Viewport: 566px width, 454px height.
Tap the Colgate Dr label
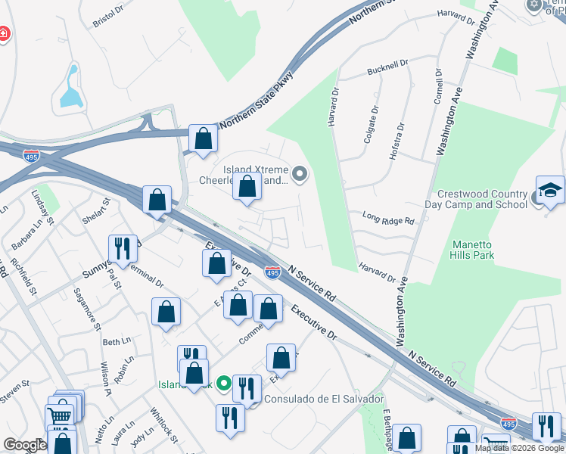click(370, 124)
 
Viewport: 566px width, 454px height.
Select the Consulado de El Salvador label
click(324, 399)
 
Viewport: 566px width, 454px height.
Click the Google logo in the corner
click(25, 444)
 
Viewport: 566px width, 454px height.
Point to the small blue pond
click(69, 87)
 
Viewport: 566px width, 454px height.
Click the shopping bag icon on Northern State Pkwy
click(203, 138)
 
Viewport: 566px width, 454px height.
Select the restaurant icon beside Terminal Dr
click(121, 247)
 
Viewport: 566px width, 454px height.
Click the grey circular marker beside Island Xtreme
click(300, 176)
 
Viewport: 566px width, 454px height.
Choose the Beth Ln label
click(116, 342)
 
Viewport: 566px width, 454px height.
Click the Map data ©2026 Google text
click(519, 448)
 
